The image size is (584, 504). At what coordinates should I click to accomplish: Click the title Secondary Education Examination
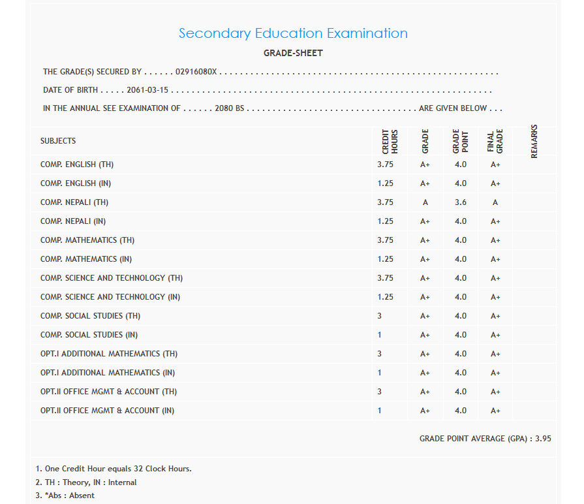(x=293, y=33)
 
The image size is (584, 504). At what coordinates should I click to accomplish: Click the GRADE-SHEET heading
(x=293, y=53)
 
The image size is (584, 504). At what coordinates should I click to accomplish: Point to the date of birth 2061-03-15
(x=147, y=90)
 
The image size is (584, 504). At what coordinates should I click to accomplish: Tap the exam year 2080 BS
(x=229, y=108)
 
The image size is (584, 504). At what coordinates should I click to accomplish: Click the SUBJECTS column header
(x=58, y=140)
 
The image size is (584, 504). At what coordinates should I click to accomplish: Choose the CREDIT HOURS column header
(x=390, y=141)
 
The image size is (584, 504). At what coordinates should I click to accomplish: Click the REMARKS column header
(x=534, y=141)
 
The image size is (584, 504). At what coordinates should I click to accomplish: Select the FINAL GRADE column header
(x=495, y=141)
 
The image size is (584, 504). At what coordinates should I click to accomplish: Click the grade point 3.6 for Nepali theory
(x=461, y=202)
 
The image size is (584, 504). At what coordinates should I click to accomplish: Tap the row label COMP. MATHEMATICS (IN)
(x=87, y=259)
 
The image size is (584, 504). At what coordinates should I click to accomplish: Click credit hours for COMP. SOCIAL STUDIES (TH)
(x=379, y=316)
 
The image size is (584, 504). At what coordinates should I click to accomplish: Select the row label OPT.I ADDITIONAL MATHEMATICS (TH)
(x=109, y=354)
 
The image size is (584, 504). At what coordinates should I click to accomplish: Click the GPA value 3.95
(x=543, y=439)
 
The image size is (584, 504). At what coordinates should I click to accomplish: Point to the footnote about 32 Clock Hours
(x=114, y=469)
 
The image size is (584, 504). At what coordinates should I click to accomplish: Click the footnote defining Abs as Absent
(x=65, y=496)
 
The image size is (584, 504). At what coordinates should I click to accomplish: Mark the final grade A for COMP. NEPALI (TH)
(x=495, y=202)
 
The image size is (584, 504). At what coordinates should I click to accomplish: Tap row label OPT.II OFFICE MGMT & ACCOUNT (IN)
(x=107, y=411)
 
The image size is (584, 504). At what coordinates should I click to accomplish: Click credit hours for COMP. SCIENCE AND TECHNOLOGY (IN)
(x=385, y=297)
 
